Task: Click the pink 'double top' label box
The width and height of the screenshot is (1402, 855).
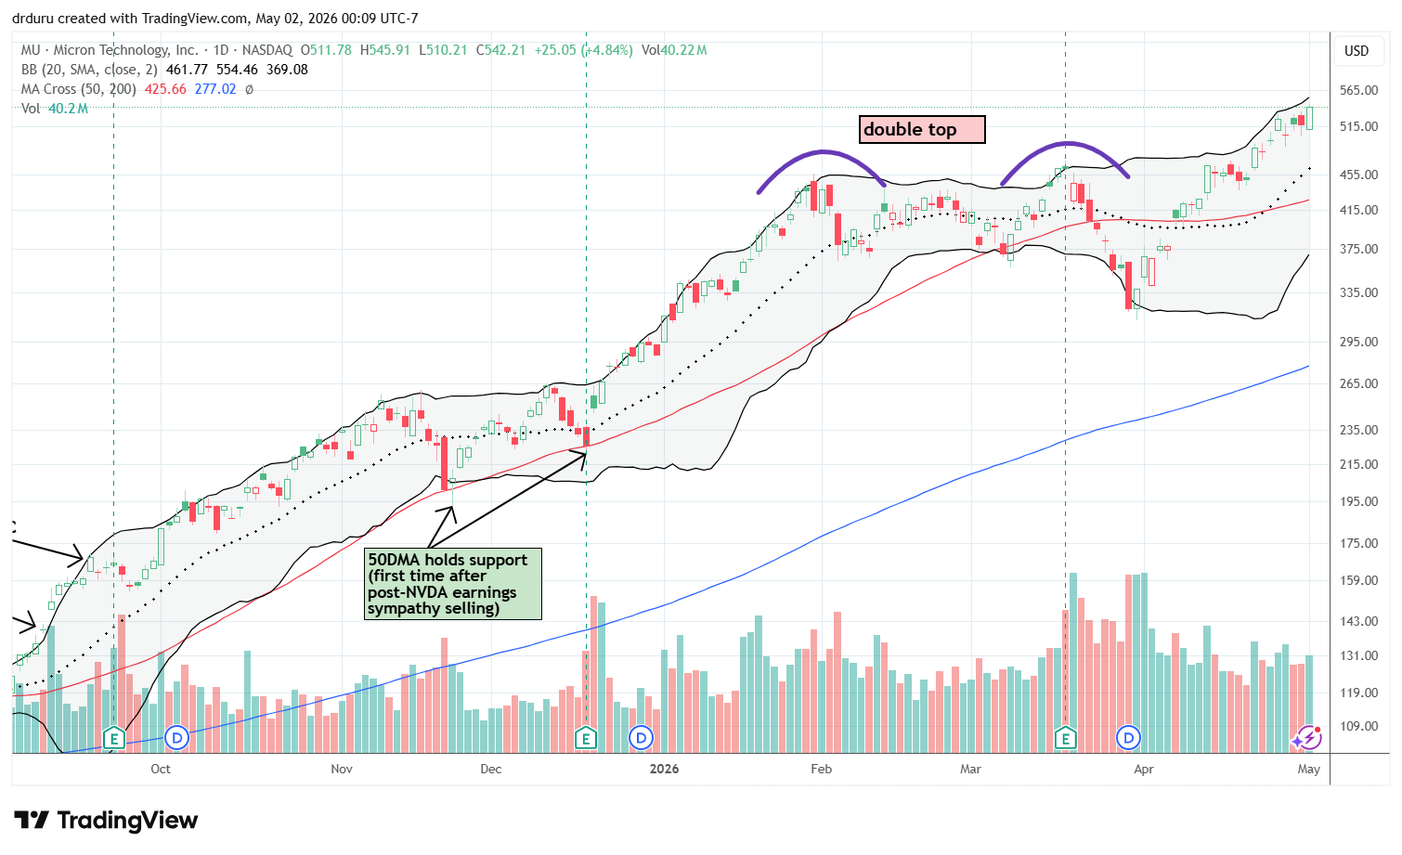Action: tap(922, 130)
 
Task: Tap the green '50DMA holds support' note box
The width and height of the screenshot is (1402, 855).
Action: tap(453, 584)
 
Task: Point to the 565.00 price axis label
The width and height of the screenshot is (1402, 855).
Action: tap(1357, 90)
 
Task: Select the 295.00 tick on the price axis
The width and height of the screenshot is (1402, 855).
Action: tap(1357, 342)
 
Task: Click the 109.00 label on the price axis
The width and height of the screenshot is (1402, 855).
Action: tap(1357, 727)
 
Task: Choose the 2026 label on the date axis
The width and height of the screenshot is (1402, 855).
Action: tap(664, 769)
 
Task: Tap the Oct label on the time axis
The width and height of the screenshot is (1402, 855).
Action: tap(161, 769)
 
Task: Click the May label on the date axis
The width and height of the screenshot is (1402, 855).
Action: tap(1309, 769)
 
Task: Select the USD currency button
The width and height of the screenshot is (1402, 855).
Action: tap(1357, 51)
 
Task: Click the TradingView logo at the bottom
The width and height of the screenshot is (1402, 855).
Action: tap(106, 820)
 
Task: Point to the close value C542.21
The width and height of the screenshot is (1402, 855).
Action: tap(500, 50)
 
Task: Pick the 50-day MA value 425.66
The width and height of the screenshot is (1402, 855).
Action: tap(165, 89)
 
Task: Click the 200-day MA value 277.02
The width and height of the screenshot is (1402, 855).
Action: tap(215, 89)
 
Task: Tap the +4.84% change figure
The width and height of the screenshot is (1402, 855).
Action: tap(607, 50)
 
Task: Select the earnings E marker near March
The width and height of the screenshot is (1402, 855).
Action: tap(1065, 739)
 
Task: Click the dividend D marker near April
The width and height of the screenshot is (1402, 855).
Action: tap(1128, 739)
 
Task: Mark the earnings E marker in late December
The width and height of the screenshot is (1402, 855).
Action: tap(586, 739)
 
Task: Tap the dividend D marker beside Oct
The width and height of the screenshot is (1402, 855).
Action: tap(177, 739)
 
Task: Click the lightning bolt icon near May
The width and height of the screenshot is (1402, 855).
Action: tap(1309, 739)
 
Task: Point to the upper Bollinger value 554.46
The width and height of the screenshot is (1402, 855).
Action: tap(237, 70)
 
